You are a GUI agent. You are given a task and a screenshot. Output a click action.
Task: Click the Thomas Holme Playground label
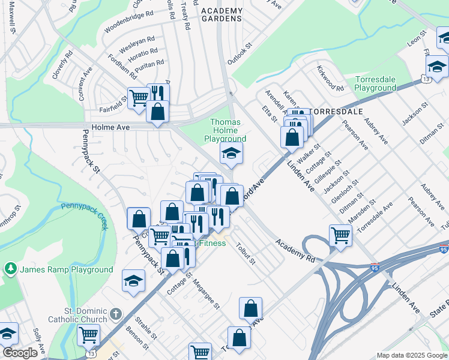tap(228, 130)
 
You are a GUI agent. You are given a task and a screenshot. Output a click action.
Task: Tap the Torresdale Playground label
tap(375, 83)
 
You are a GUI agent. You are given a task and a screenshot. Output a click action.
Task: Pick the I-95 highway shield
tap(375, 265)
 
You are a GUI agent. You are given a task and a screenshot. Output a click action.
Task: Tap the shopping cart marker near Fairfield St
tap(139, 97)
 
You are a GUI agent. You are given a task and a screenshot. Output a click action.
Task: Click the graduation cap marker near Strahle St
tap(133, 280)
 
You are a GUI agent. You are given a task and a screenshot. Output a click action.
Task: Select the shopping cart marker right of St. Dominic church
tap(89, 335)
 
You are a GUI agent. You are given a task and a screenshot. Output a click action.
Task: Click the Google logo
tap(20, 353)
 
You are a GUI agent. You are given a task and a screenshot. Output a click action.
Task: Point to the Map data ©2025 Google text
tap(411, 355)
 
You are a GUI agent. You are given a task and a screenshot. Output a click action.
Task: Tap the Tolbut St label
tap(246, 253)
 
